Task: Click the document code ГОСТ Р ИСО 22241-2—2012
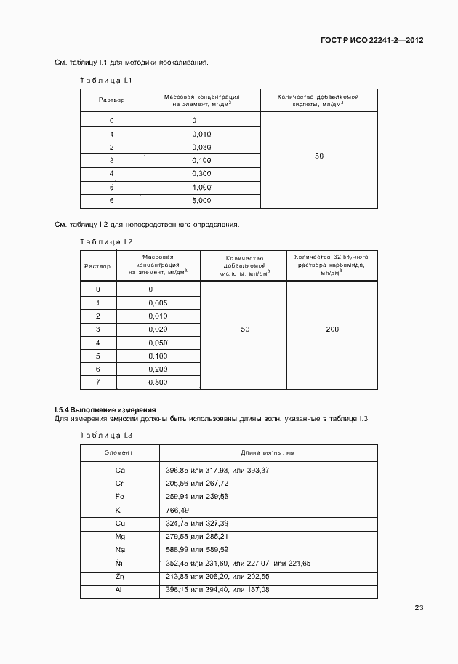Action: pos(371,41)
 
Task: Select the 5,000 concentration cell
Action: pos(201,200)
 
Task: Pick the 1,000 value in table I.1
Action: pos(201,187)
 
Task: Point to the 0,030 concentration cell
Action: pos(201,147)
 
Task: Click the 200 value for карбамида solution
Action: pos(332,329)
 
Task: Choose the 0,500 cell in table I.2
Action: pos(158,382)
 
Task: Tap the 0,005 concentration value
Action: pos(158,303)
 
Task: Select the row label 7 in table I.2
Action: pos(97,382)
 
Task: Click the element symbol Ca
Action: pos(120,471)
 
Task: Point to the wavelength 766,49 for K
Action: pos(177,510)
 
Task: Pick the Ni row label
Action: pos(120,563)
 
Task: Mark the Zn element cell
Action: pos(120,576)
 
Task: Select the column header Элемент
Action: pos(119,452)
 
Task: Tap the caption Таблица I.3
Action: pos(105,435)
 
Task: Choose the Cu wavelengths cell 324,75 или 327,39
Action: pos(197,523)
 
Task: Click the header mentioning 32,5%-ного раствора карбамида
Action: pos(332,265)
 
